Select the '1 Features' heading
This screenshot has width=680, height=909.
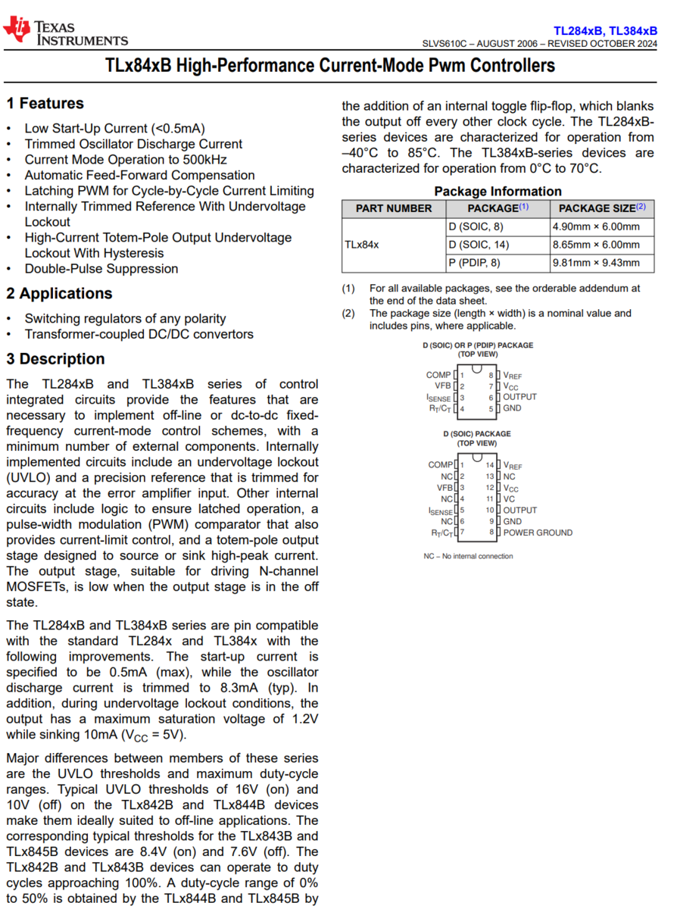pos(45,104)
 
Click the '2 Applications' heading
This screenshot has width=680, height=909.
pos(59,294)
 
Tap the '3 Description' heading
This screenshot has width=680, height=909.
pos(55,359)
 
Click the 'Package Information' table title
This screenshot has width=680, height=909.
pos(498,192)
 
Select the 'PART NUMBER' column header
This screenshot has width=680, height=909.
pos(394,208)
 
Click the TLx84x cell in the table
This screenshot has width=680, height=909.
pos(362,245)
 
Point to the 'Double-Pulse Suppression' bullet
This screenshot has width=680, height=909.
pos(101,269)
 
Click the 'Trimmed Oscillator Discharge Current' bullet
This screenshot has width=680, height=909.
pos(133,144)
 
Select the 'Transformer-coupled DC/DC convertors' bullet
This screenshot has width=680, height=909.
pos(139,334)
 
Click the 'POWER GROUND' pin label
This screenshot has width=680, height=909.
pos(538,533)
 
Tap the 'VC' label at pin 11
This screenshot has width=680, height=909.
pos(510,499)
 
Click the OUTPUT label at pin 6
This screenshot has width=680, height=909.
pos(519,397)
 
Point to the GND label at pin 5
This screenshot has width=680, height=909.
pos(512,408)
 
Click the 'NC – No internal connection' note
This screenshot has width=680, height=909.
pos(468,556)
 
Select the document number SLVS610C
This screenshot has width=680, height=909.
pos(448,44)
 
